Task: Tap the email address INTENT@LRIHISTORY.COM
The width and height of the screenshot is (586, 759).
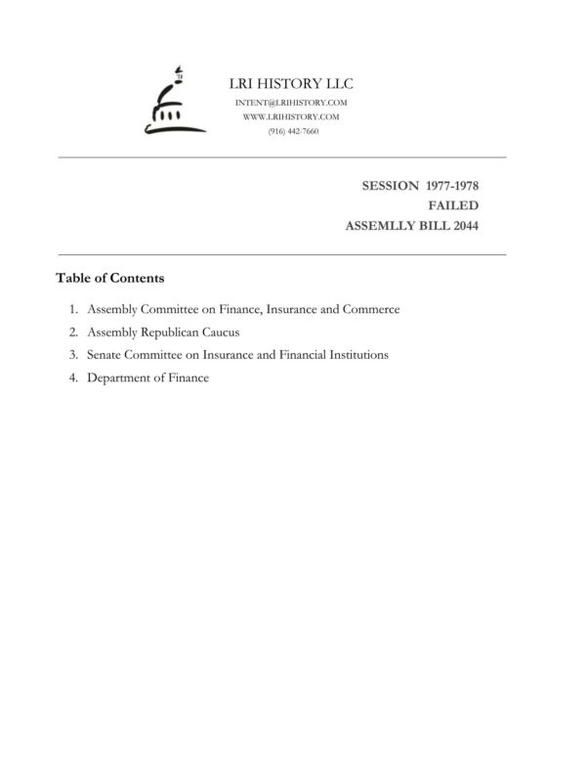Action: click(x=291, y=103)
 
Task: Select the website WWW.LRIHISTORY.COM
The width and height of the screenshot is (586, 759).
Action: click(x=291, y=116)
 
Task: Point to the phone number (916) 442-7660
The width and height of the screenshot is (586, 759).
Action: click(x=291, y=130)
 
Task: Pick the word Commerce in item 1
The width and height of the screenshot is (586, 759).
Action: click(x=371, y=309)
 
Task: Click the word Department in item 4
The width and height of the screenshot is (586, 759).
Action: click(x=121, y=378)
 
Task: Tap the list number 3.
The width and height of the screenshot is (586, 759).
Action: click(x=73, y=355)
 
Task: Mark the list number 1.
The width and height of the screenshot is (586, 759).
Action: click(x=73, y=309)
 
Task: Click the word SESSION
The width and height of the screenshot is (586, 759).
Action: click(x=391, y=185)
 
